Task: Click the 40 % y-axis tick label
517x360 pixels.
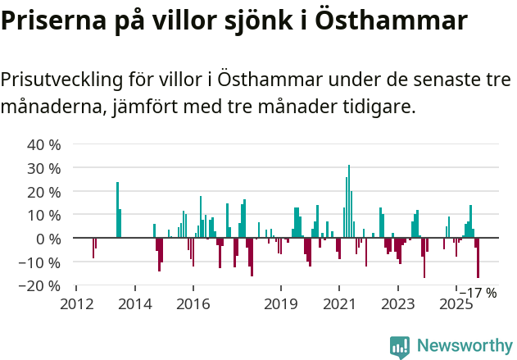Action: [x=44, y=145]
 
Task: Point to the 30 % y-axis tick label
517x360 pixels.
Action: [x=44, y=169]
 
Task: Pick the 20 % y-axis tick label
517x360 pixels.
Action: [x=44, y=192]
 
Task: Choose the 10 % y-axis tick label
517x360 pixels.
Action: [x=44, y=216]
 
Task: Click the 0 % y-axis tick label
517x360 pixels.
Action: [x=48, y=239]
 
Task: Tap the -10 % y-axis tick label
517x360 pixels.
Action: [x=42, y=262]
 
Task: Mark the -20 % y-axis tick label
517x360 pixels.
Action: [x=42, y=286]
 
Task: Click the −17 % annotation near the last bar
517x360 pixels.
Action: [x=478, y=293]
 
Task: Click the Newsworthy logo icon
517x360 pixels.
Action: [x=399, y=347]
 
